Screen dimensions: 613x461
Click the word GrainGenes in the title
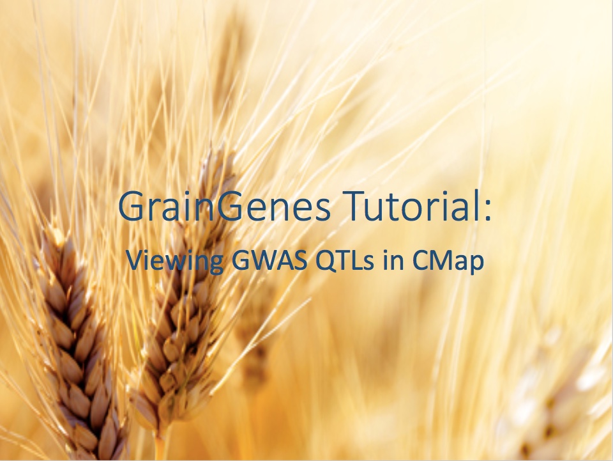point(225,205)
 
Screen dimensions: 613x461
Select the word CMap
point(448,262)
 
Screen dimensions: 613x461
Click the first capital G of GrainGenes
point(132,205)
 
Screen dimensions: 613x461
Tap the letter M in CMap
point(444,260)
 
